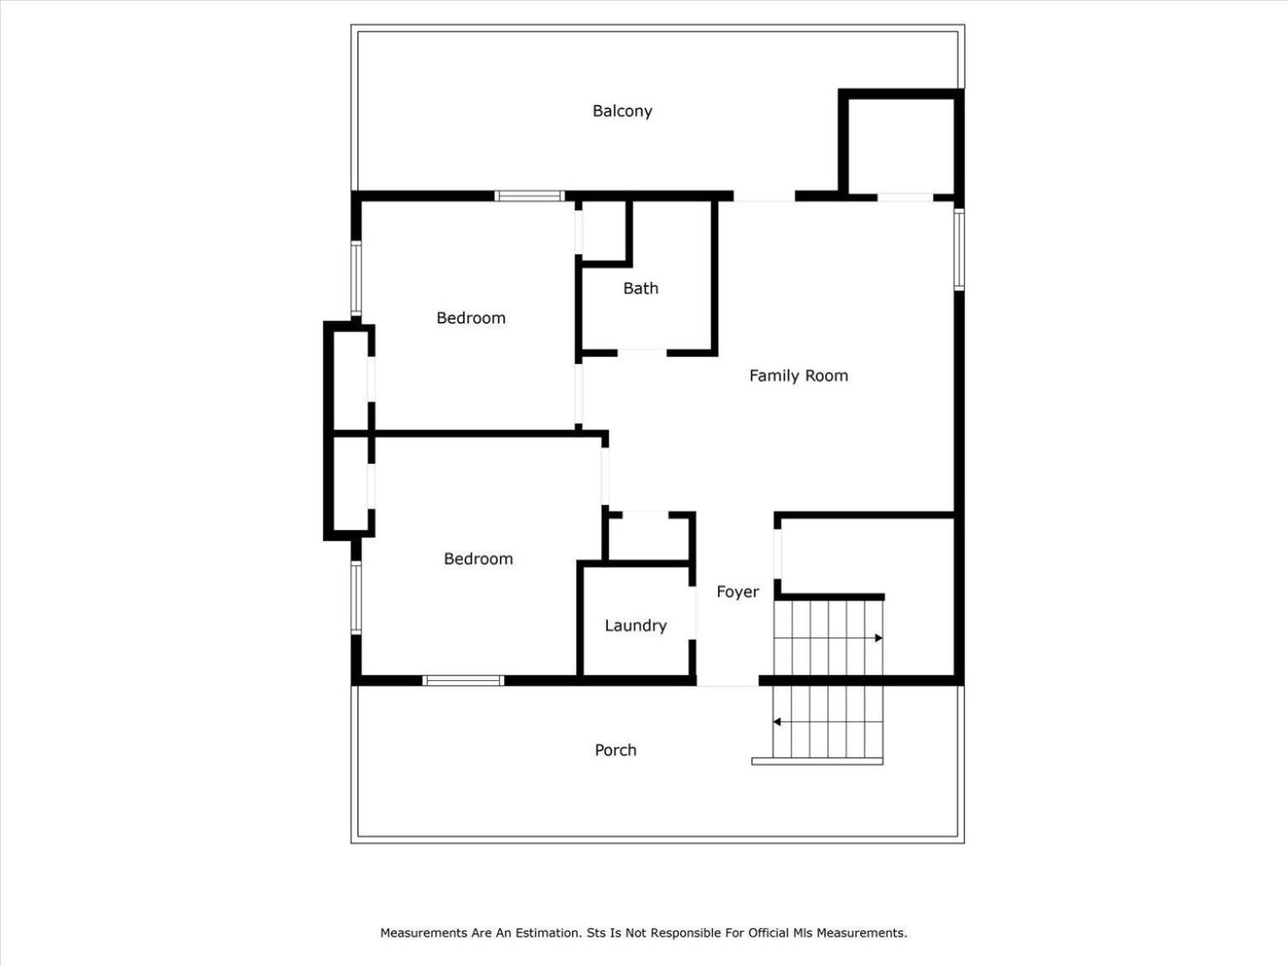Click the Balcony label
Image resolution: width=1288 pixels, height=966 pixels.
622,111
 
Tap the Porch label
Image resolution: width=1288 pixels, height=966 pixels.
615,750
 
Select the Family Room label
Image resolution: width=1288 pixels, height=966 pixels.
798,376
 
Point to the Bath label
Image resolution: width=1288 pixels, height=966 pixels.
640,288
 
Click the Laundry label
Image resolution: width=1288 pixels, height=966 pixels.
636,626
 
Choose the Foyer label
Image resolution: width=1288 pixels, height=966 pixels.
738,592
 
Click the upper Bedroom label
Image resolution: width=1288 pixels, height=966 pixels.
470,318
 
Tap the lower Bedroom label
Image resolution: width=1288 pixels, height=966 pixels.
478,558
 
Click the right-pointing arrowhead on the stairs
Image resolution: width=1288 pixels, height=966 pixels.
879,638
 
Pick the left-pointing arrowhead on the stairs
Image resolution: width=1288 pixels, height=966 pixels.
776,722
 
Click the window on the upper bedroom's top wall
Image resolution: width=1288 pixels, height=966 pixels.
529,196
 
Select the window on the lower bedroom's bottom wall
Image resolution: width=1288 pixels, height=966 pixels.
463,680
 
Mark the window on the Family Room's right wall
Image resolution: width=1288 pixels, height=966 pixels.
958,250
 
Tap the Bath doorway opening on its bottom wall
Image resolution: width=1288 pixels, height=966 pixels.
642,352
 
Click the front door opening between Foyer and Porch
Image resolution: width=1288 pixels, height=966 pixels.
728,680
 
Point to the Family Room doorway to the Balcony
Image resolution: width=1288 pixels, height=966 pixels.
764,196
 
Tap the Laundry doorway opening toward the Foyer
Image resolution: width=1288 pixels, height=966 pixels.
693,613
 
